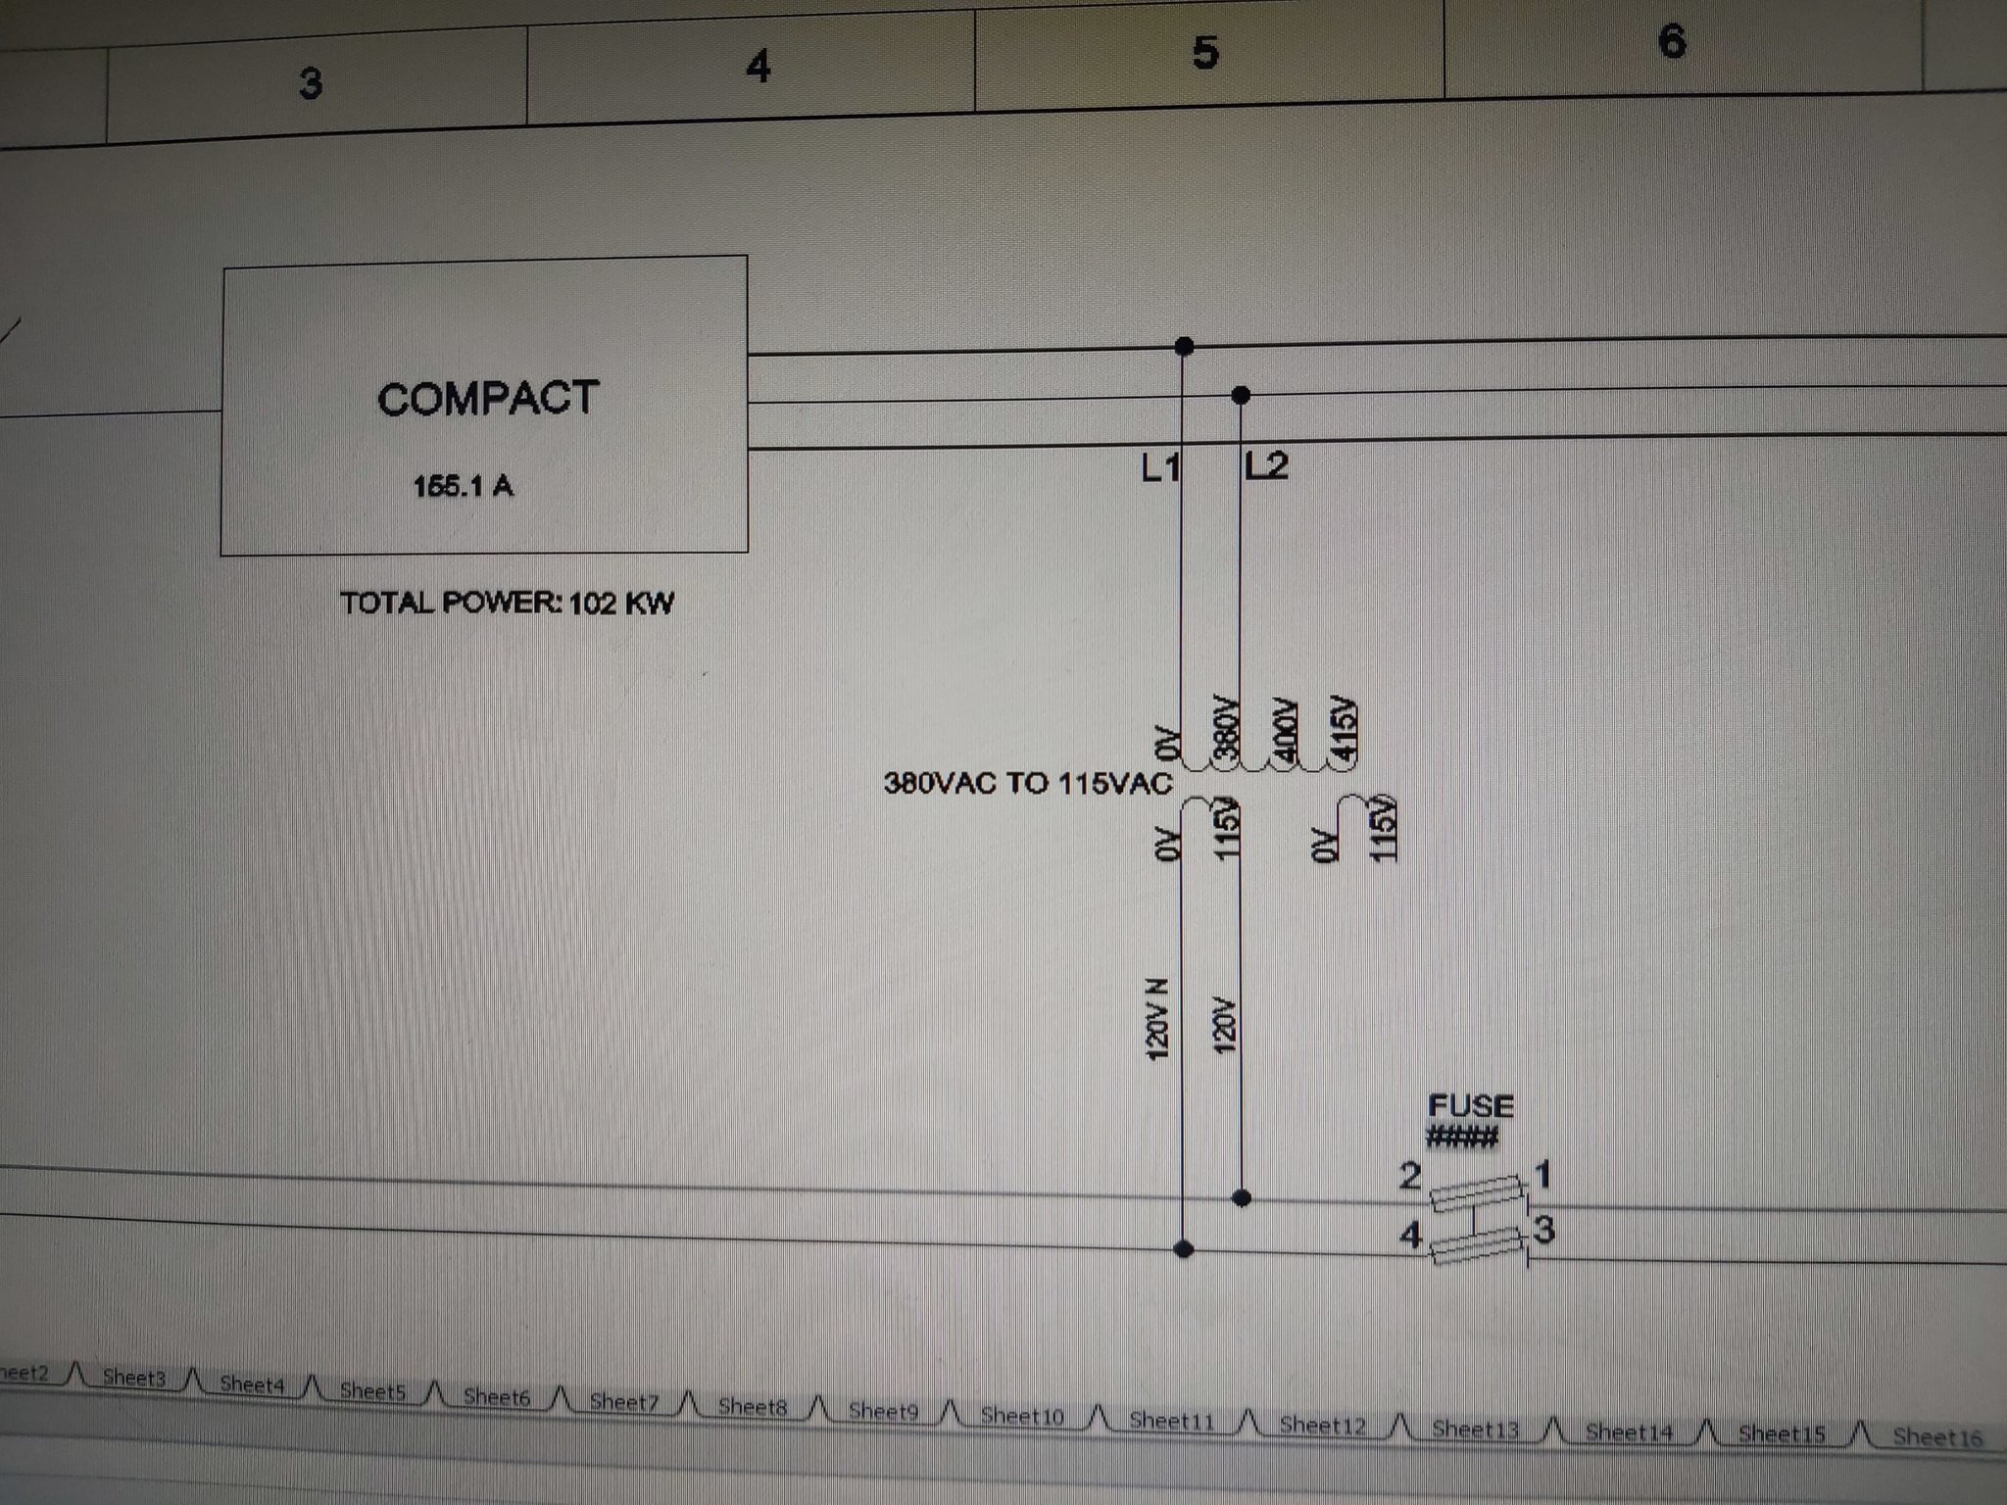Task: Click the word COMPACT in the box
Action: pos(488,399)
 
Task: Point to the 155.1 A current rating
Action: pos(463,486)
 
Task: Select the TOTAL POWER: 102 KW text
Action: pos(507,602)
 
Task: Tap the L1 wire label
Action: pos(1160,468)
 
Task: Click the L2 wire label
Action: pos(1266,465)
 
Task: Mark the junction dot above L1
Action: pos(1184,346)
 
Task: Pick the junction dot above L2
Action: pos(1241,395)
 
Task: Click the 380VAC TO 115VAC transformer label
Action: pos(1028,783)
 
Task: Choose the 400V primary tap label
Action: pos(1284,731)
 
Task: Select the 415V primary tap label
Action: pos(1343,729)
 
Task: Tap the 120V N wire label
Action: pos(1157,1018)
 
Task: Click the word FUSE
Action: pos(1471,1106)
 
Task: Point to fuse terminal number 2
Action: pos(1410,1175)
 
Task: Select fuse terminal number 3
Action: pos(1544,1228)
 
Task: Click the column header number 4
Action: pos(758,67)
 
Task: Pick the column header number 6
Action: pos(1672,41)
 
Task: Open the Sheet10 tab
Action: pos(1022,1415)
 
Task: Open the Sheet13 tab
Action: pos(1475,1430)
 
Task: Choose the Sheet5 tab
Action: pos(372,1390)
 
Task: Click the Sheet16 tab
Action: pos(1937,1437)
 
